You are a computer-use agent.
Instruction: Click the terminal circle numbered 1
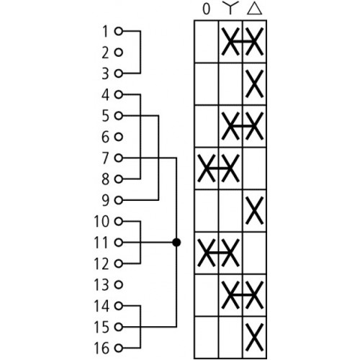pos(119,31)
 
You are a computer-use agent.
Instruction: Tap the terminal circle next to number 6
pos(119,137)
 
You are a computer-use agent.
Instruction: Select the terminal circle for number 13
pos(119,285)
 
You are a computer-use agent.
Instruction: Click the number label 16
pos(102,348)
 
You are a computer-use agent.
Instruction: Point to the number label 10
pos(102,222)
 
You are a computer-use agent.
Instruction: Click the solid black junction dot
pos(176,243)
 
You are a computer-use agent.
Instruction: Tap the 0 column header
pos(207,9)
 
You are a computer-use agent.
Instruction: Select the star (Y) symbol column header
pos(230,8)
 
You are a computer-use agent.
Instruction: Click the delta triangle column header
pos(254,9)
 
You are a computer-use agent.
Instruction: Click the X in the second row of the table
pos(254,84)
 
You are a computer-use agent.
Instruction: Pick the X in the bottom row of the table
pos(254,337)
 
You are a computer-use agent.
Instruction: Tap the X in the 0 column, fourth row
pos(207,168)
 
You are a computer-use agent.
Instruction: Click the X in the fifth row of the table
pos(254,210)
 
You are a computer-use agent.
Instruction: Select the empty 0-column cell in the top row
pos(207,42)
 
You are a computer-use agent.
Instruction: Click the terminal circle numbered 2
pos(119,53)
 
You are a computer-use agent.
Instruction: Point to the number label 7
pos(106,158)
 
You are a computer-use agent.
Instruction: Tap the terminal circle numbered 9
pos(119,200)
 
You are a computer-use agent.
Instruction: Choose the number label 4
pos(106,95)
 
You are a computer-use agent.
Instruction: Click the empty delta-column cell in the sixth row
pos(254,253)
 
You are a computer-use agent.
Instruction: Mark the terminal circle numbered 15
pos(119,327)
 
